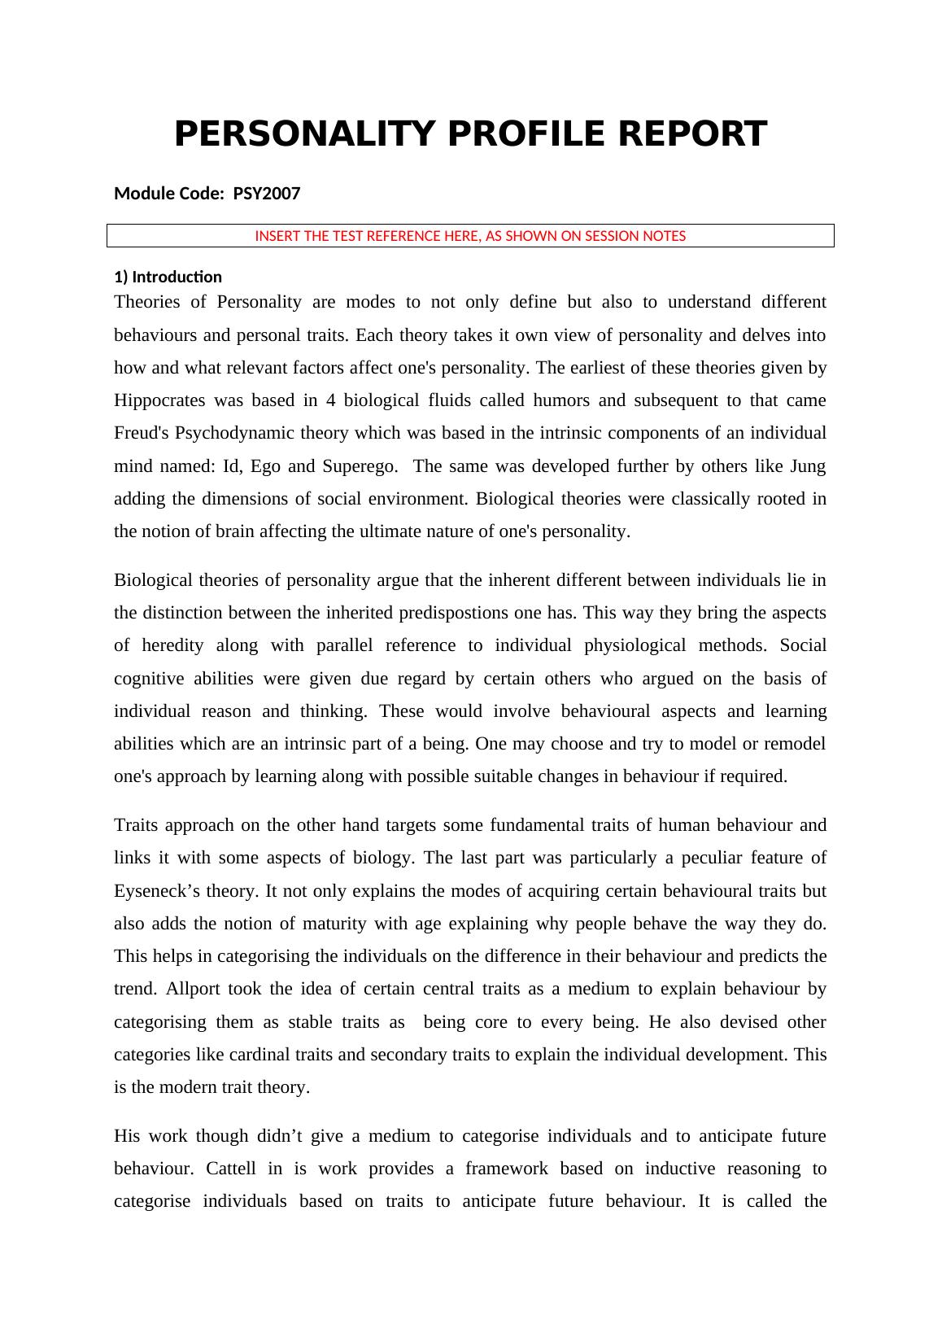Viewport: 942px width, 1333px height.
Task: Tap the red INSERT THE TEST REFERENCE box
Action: point(470,236)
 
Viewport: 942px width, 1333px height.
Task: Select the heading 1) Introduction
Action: point(168,277)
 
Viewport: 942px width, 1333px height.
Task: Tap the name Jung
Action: point(808,466)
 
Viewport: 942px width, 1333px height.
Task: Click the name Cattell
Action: point(231,1169)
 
